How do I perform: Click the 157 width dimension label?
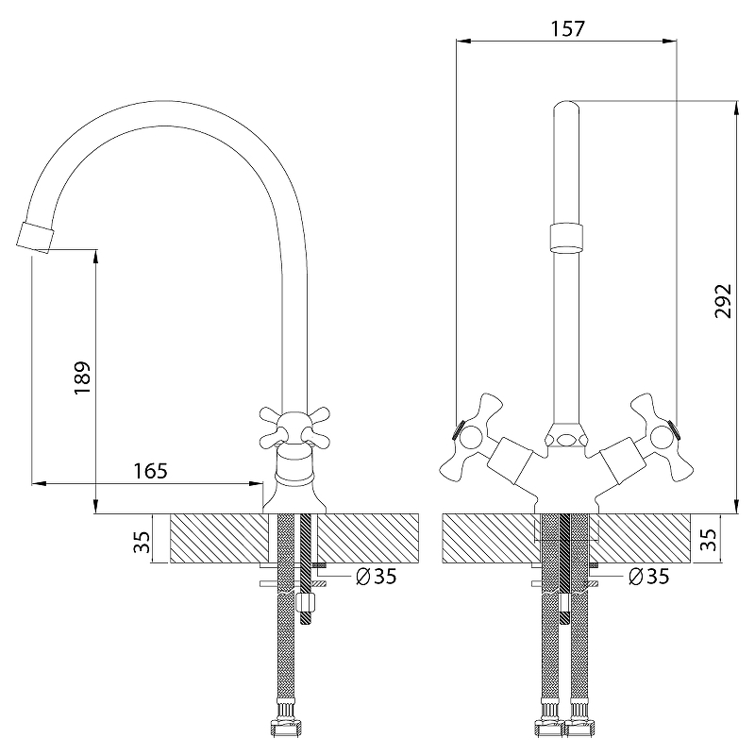coord(567,29)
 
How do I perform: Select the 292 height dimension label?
coord(723,301)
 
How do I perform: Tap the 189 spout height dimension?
coord(82,377)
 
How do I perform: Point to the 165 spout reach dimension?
coord(150,471)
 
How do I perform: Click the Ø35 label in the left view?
coord(376,576)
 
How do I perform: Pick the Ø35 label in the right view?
coord(649,576)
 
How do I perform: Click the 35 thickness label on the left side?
coord(143,542)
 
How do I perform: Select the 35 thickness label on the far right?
coord(708,539)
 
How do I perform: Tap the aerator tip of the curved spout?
coord(35,238)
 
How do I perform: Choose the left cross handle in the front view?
coord(470,439)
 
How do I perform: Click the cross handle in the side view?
coord(294,428)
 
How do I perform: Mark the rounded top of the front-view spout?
coord(566,106)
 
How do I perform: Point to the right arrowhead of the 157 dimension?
coord(669,42)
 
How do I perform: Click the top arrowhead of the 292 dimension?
coord(736,109)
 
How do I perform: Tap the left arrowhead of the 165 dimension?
coord(40,483)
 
